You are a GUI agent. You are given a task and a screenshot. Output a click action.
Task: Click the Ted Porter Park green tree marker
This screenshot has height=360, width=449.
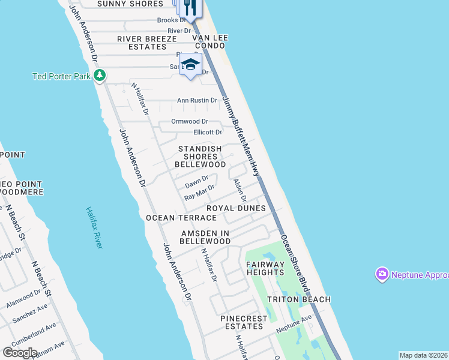(100, 76)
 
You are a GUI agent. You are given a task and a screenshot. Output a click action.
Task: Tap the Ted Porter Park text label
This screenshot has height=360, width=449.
(61, 76)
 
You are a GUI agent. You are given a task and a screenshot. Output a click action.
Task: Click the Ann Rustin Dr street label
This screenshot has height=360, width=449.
(196, 100)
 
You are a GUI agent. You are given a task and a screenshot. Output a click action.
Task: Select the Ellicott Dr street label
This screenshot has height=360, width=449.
(208, 132)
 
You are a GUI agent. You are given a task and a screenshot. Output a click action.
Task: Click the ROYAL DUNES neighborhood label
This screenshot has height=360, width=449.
(236, 208)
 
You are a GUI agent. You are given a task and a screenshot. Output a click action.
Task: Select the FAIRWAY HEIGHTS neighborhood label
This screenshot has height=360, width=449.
(265, 268)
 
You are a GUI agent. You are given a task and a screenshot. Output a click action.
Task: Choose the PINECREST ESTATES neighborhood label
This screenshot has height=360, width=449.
(241, 322)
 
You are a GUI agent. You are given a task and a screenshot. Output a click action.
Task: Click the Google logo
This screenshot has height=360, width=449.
(20, 352)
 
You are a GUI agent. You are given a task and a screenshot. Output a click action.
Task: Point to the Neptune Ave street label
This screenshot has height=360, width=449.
(294, 325)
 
